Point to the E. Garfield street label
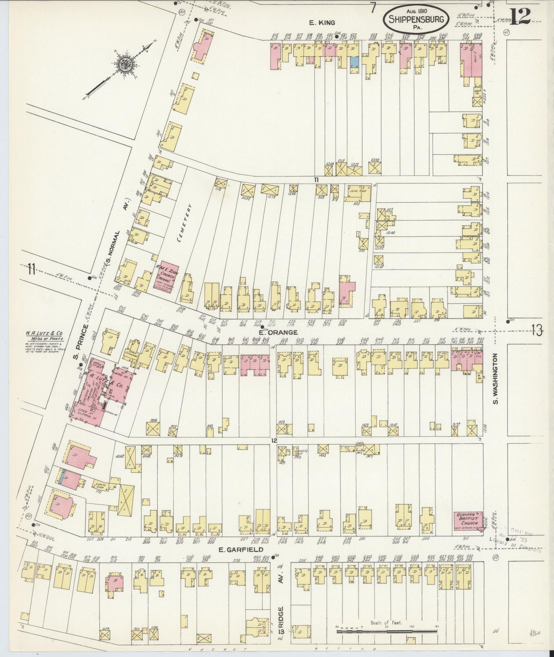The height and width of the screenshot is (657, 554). pyautogui.click(x=238, y=550)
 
